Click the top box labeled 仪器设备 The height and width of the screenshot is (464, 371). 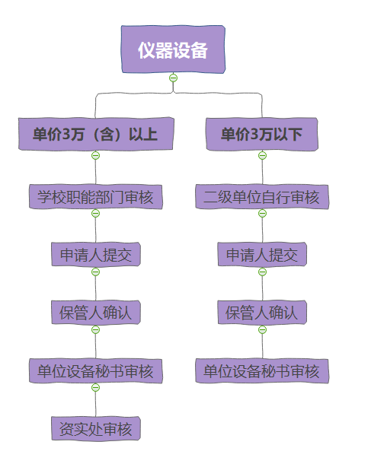pyautogui.click(x=173, y=49)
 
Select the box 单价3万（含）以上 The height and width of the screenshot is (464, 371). pyautogui.click(x=96, y=134)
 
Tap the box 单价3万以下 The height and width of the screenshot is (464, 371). pyautogui.click(x=262, y=134)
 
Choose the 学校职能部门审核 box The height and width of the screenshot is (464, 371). pyautogui.click(x=96, y=197)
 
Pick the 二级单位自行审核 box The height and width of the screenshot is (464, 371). pyautogui.click(x=262, y=197)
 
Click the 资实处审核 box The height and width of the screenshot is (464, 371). pyautogui.click(x=96, y=428)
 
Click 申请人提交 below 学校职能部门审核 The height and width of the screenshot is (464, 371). pyautogui.click(x=96, y=255)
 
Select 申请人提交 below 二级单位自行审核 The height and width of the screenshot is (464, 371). pyautogui.click(x=262, y=255)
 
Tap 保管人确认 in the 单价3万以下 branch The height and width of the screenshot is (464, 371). pyautogui.click(x=262, y=313)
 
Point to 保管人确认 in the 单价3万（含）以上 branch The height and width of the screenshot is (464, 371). pyautogui.click(x=96, y=313)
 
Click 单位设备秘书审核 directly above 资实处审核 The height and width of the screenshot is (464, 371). pyautogui.click(x=96, y=370)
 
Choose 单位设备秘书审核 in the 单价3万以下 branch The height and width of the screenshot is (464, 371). pyautogui.click(x=262, y=370)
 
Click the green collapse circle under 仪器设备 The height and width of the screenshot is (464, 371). pyautogui.click(x=174, y=78)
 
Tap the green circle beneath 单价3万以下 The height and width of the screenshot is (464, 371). pyautogui.click(x=262, y=155)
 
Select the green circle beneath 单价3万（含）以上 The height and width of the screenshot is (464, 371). pyautogui.click(x=95, y=155)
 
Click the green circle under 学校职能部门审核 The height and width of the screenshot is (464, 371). pyautogui.click(x=95, y=213)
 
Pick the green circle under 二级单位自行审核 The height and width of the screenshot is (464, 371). pyautogui.click(x=262, y=213)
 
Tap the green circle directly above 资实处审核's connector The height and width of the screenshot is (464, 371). pyautogui.click(x=95, y=387)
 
